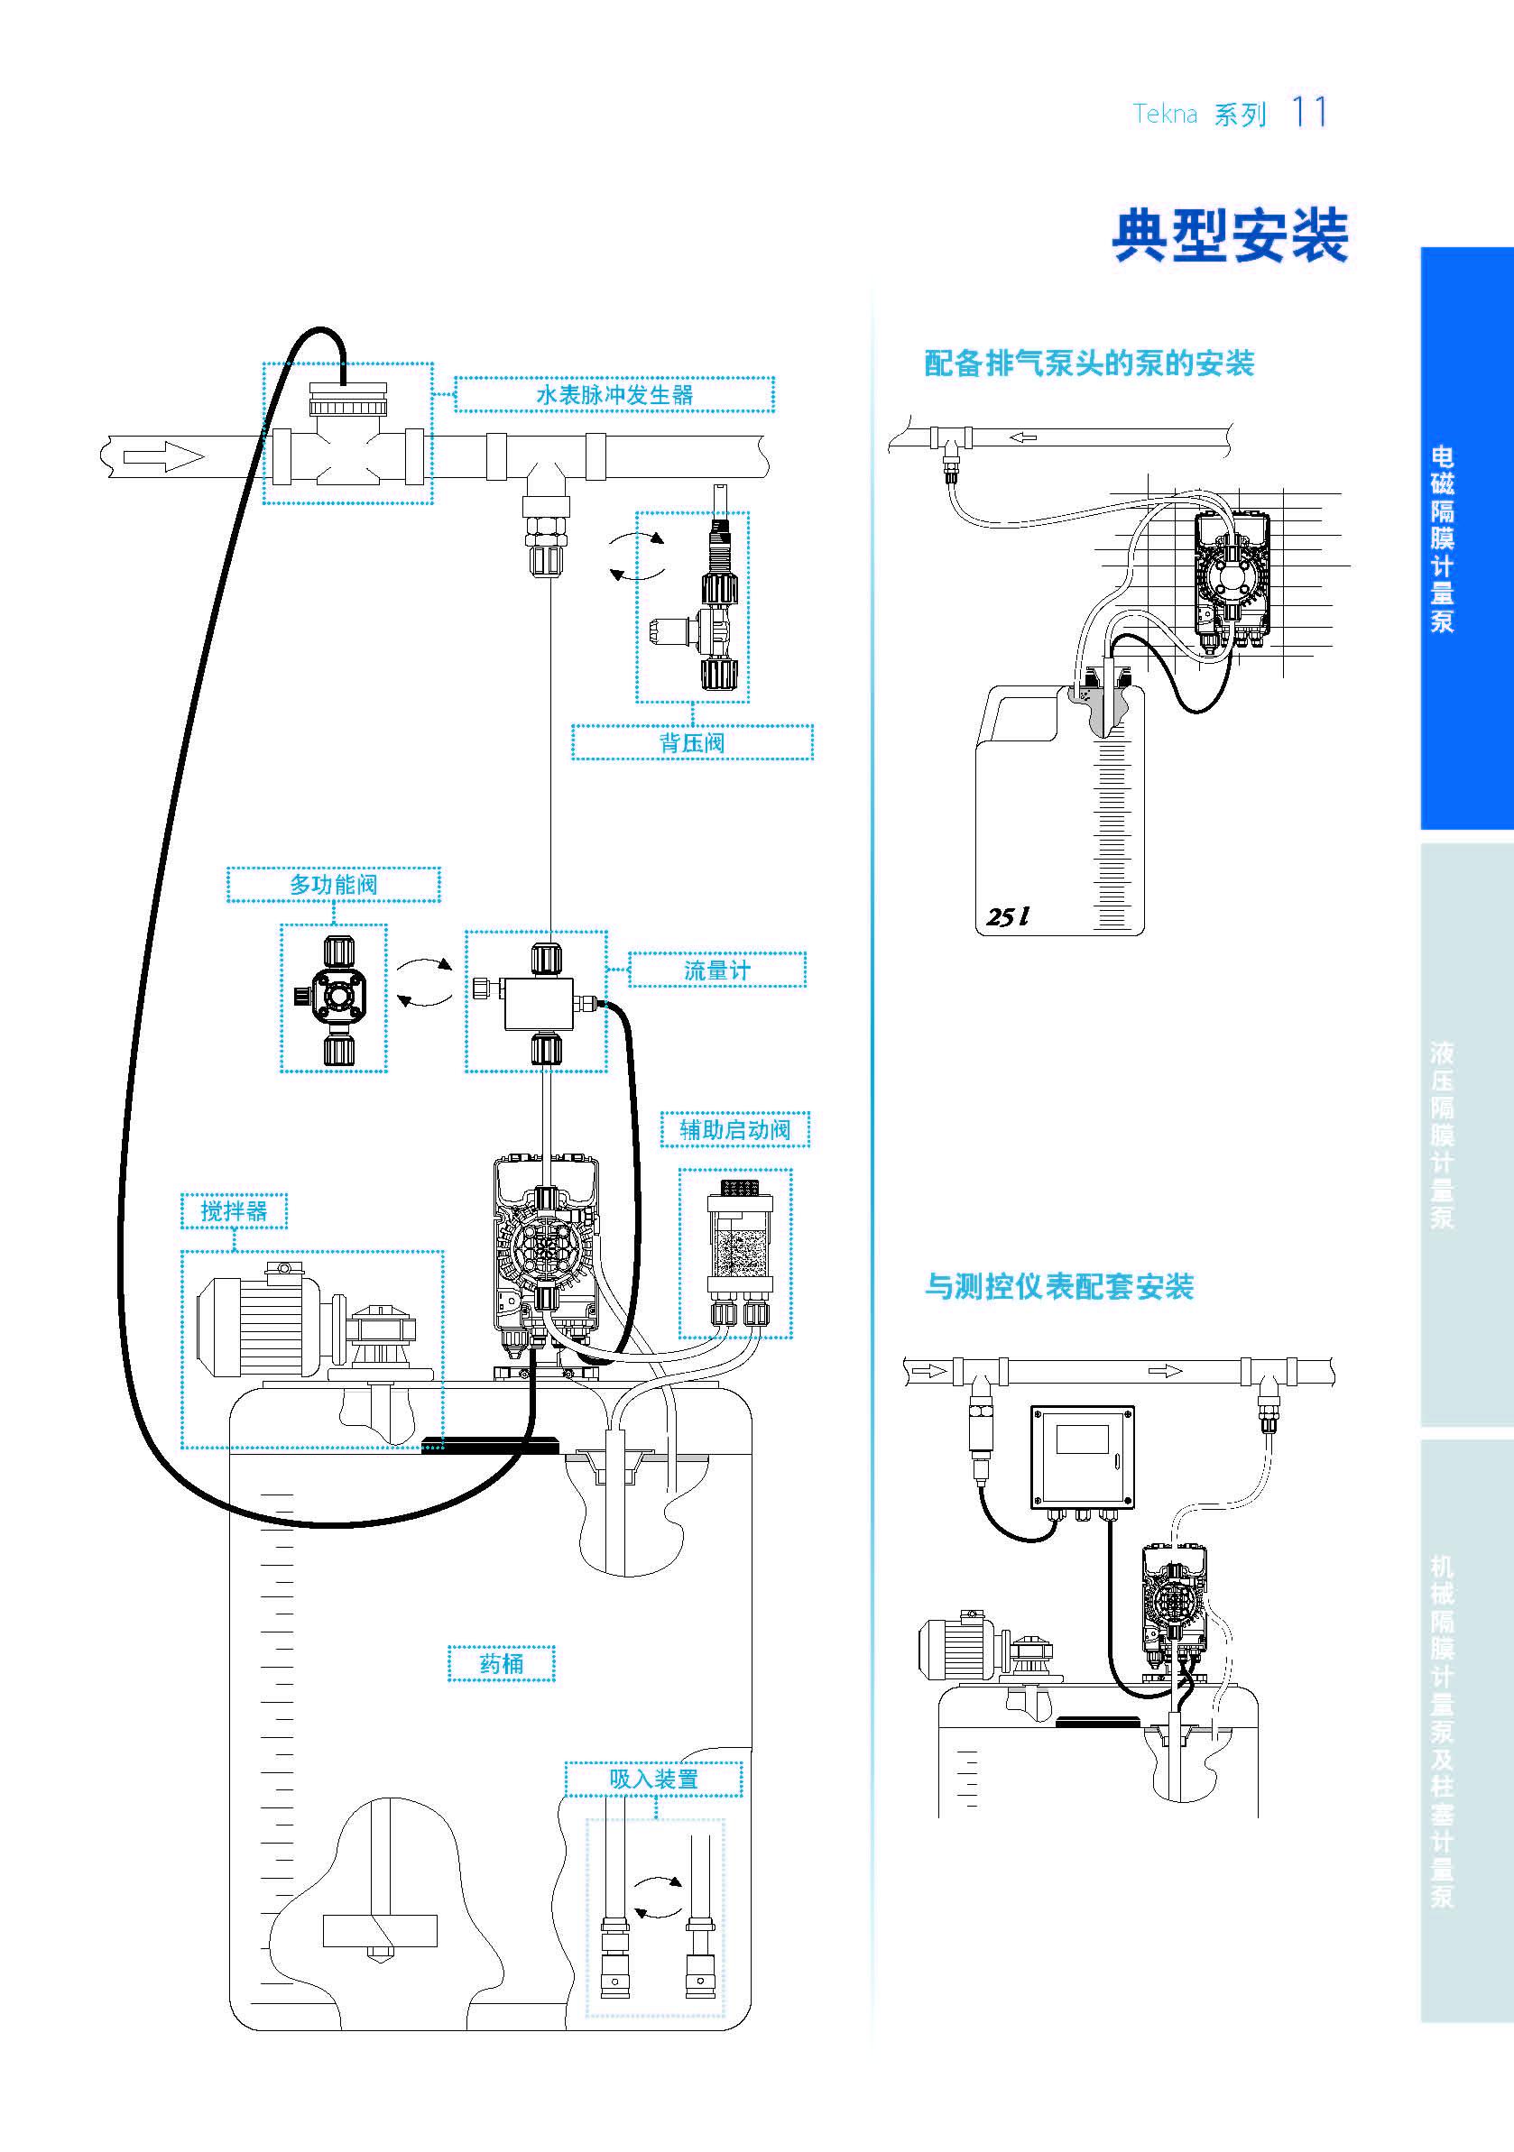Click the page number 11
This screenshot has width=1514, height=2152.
1308,113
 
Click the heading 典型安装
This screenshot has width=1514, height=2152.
1230,236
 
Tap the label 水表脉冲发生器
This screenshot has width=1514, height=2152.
614,395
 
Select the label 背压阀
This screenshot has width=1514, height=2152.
692,742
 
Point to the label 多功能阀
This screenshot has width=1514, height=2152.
333,884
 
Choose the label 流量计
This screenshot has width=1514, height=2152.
716,970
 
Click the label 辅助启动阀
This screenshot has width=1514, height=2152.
734,1129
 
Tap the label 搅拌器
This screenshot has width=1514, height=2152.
234,1211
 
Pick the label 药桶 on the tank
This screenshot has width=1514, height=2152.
501,1664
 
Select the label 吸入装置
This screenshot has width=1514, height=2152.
653,1779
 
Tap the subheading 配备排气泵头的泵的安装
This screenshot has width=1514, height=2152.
1088,363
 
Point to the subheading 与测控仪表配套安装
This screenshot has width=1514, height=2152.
1058,1287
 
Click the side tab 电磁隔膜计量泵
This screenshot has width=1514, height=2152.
1442,539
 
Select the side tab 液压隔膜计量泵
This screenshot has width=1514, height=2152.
1442,1134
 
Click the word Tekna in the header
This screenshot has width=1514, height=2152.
1164,115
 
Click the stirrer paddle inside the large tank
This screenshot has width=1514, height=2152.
380,1929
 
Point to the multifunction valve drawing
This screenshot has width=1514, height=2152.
333,998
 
